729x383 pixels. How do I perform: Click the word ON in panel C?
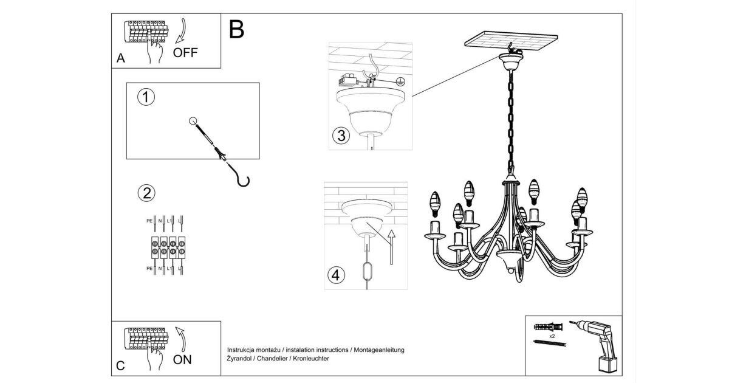coord(182,359)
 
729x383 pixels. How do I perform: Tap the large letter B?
coord(237,29)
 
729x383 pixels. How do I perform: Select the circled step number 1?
coord(146,97)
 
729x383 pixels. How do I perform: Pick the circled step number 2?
coord(146,193)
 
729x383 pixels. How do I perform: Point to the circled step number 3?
coord(341,136)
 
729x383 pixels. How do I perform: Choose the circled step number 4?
coord(336,275)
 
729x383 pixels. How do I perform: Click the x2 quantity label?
coord(552,336)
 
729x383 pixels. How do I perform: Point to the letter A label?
coord(120,59)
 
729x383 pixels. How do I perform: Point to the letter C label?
coord(120,366)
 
